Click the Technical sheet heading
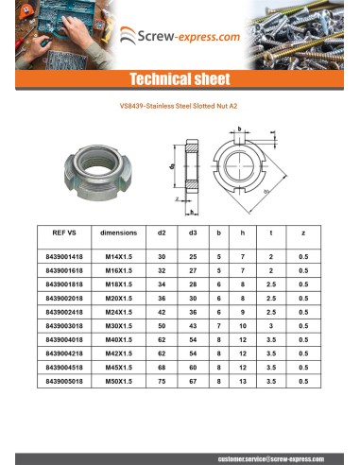(x=180, y=78)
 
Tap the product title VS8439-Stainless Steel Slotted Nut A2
(x=180, y=107)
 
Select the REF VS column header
(x=65, y=232)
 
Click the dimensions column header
(x=118, y=232)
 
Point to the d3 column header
(x=192, y=232)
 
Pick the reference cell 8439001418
(x=65, y=256)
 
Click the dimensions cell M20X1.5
(x=118, y=297)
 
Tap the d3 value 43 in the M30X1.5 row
(x=192, y=324)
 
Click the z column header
(x=301, y=232)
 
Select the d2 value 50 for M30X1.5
(x=162, y=324)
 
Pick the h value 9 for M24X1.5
(x=243, y=310)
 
